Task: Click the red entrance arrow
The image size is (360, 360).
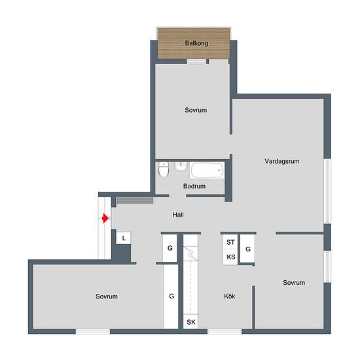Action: [105, 218]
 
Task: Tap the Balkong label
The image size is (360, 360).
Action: [196, 43]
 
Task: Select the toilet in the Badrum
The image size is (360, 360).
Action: [164, 170]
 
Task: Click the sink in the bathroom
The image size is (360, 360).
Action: [181, 166]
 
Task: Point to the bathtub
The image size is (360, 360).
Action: [206, 170]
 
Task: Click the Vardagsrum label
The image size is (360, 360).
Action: [282, 161]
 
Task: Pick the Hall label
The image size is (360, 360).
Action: [178, 215]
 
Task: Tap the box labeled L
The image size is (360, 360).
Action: [123, 238]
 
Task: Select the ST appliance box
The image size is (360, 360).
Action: [230, 242]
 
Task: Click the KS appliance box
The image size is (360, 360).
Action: [230, 257]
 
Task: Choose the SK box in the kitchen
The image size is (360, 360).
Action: [190, 322]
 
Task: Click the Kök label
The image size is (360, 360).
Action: [229, 296]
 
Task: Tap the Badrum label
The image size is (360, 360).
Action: [194, 186]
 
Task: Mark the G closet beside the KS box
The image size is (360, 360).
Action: [247, 249]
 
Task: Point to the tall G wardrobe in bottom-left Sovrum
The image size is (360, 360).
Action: [171, 297]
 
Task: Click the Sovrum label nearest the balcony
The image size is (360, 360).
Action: [196, 110]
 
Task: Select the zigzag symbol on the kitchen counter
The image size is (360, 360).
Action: [190, 253]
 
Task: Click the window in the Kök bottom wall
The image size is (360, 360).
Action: [225, 331]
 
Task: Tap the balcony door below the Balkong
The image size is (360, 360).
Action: [196, 62]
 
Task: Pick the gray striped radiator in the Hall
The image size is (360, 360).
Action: [135, 201]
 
